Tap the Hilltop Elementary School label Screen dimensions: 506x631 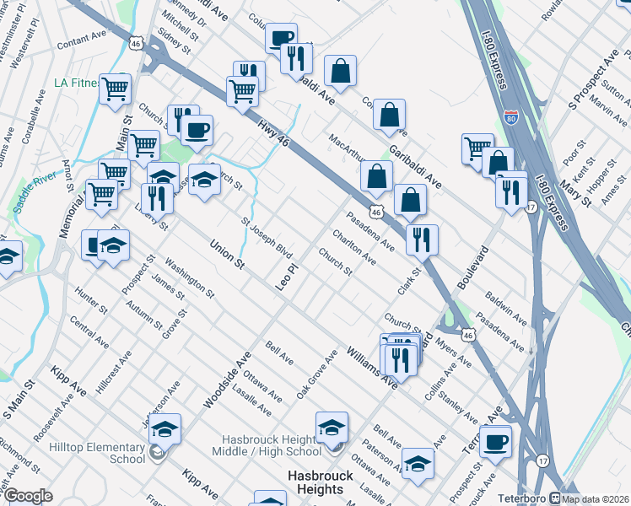point(97,453)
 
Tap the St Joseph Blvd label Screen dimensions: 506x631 point(267,240)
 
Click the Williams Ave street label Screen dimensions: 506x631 point(371,368)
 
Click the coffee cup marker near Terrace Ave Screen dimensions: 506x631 point(495,441)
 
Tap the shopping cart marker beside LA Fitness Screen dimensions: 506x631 point(115,89)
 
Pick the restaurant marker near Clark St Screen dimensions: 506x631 point(420,240)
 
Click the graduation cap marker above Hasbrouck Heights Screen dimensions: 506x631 point(332,427)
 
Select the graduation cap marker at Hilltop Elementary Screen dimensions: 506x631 point(165,429)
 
